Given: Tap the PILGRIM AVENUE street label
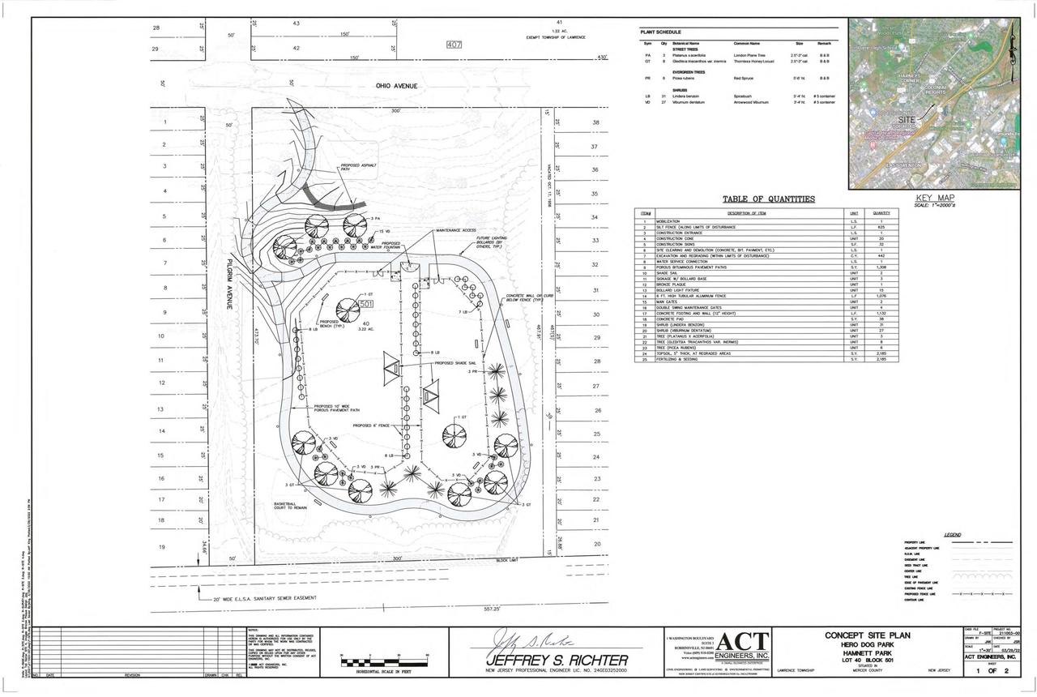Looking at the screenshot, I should [229, 284].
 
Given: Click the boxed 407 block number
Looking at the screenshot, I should [454, 45].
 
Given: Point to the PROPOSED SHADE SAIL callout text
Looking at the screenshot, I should [455, 363].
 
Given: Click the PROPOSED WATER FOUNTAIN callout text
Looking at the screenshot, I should [390, 245].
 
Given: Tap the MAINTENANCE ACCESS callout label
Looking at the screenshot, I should [456, 230].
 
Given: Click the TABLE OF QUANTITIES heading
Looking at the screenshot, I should [769, 199].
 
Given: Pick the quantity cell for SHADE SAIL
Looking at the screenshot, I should [881, 273].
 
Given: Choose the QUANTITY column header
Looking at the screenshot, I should [881, 212].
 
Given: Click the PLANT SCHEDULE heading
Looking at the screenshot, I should [660, 32].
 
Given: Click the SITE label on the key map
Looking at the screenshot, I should [907, 118].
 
